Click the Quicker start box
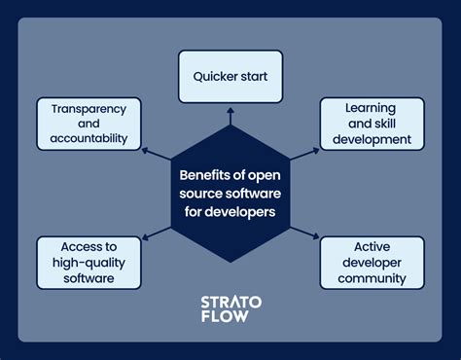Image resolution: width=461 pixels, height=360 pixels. point(230,76)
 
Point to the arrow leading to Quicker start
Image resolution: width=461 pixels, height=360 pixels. point(230,116)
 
